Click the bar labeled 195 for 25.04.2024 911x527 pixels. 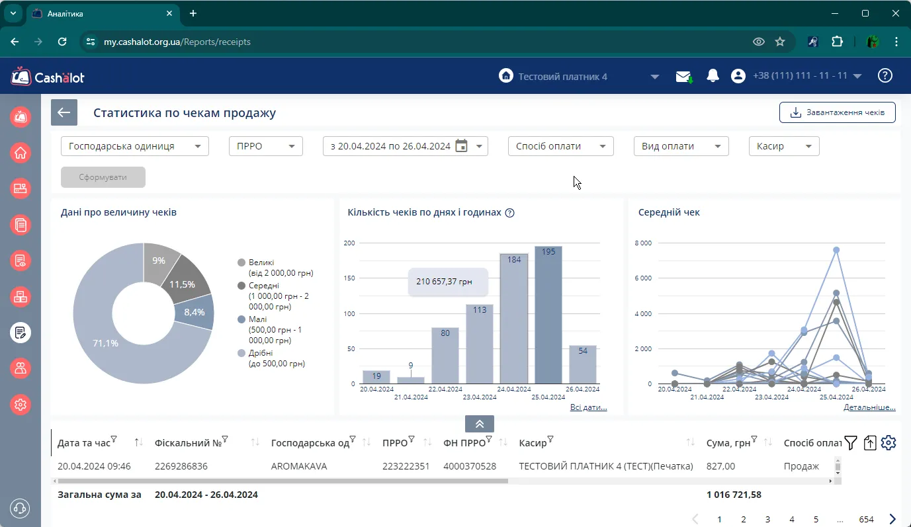[548, 315]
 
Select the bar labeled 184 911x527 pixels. [514, 319]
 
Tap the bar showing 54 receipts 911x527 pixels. [582, 364]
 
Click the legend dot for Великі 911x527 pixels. [241, 263]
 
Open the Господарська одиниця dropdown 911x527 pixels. [134, 146]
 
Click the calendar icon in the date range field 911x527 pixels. [461, 145]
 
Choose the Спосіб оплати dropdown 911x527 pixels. [560, 146]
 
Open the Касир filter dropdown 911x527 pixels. [784, 146]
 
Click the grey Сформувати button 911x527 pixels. [103, 177]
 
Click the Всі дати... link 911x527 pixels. [588, 407]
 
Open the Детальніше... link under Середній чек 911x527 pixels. [869, 407]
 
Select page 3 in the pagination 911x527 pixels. [767, 519]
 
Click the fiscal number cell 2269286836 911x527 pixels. [181, 466]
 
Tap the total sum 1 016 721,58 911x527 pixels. [734, 495]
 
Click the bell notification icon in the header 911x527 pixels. [713, 76]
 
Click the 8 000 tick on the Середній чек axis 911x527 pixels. [643, 243]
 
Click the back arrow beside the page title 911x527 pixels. [64, 112]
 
